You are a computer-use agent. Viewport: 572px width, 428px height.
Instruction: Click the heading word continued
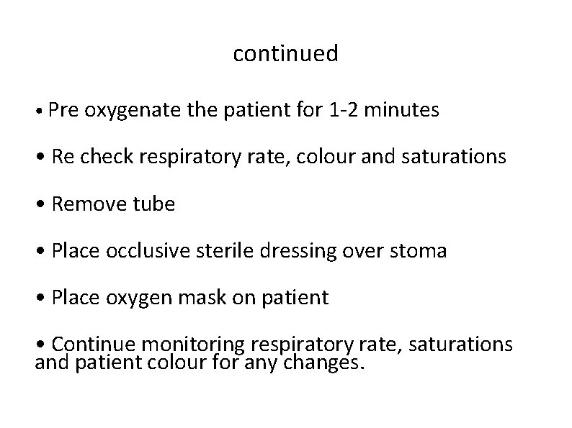(285, 54)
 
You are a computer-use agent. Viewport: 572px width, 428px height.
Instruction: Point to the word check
(104, 157)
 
